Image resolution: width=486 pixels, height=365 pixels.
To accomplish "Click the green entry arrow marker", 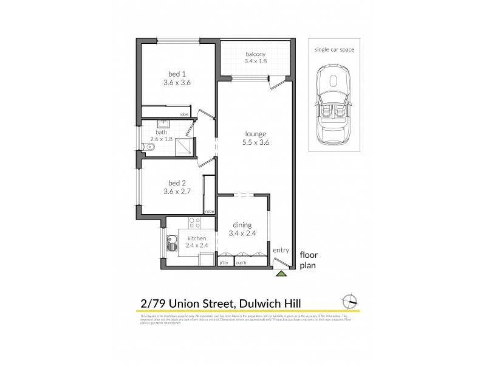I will pos(280,274).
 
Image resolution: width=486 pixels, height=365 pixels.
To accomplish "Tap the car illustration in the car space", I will pos(333,106).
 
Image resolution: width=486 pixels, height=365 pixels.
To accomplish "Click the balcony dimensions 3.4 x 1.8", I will pos(255,62).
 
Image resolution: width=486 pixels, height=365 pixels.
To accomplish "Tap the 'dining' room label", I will pos(242,224).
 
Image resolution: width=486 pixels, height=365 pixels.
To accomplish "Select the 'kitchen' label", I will pos(197,238).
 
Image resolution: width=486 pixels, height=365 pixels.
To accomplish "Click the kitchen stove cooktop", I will pos(196,222).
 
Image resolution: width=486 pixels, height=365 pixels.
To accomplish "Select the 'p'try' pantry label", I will pos(224,262).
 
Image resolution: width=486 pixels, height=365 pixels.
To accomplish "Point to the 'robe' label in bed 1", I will pos(183,114).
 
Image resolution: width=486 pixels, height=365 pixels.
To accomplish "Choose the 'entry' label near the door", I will pos(280,250).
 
